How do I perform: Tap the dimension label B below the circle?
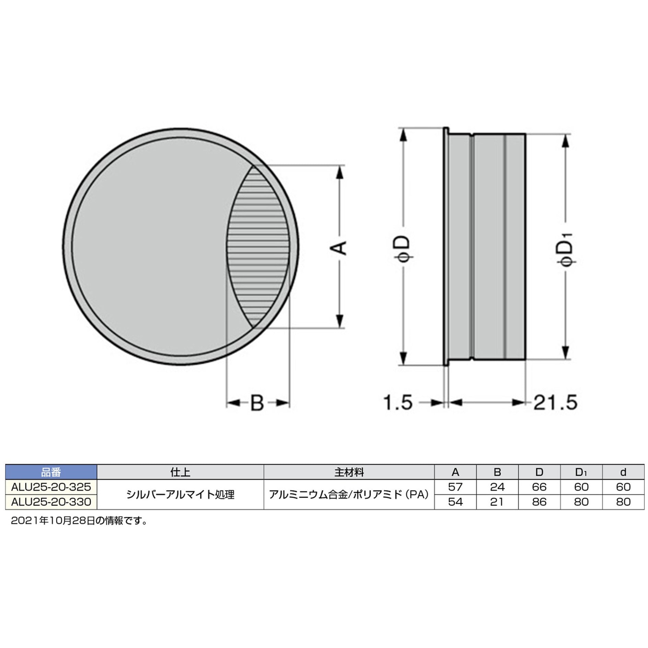pyautogui.click(x=257, y=403)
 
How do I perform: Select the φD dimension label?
pyautogui.click(x=405, y=248)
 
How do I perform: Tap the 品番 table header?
pyautogui.click(x=51, y=472)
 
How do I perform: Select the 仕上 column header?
pyautogui.click(x=180, y=472)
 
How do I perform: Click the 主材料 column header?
pyautogui.click(x=349, y=472)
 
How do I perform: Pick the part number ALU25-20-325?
pyautogui.click(x=51, y=487)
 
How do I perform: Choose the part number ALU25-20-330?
pyautogui.click(x=51, y=502)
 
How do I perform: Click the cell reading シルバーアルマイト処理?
pyautogui.click(x=180, y=495)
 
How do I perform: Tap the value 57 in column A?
pyautogui.click(x=455, y=487)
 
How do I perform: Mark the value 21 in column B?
pyautogui.click(x=497, y=502)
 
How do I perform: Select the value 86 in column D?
pyautogui.click(x=539, y=502)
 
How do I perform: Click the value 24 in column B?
pyautogui.click(x=497, y=487)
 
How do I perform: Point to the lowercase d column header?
pyautogui.click(x=623, y=472)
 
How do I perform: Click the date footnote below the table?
pyautogui.click(x=79, y=521)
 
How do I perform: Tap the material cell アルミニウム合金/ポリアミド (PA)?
pyautogui.click(x=349, y=495)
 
